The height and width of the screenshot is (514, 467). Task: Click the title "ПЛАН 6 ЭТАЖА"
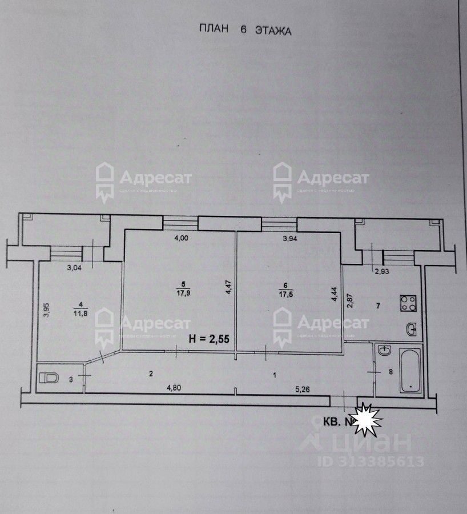[244, 30]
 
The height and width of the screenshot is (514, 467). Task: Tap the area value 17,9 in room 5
[183, 294]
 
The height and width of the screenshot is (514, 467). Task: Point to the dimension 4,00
[181, 239]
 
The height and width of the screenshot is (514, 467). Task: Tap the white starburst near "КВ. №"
[367, 421]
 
